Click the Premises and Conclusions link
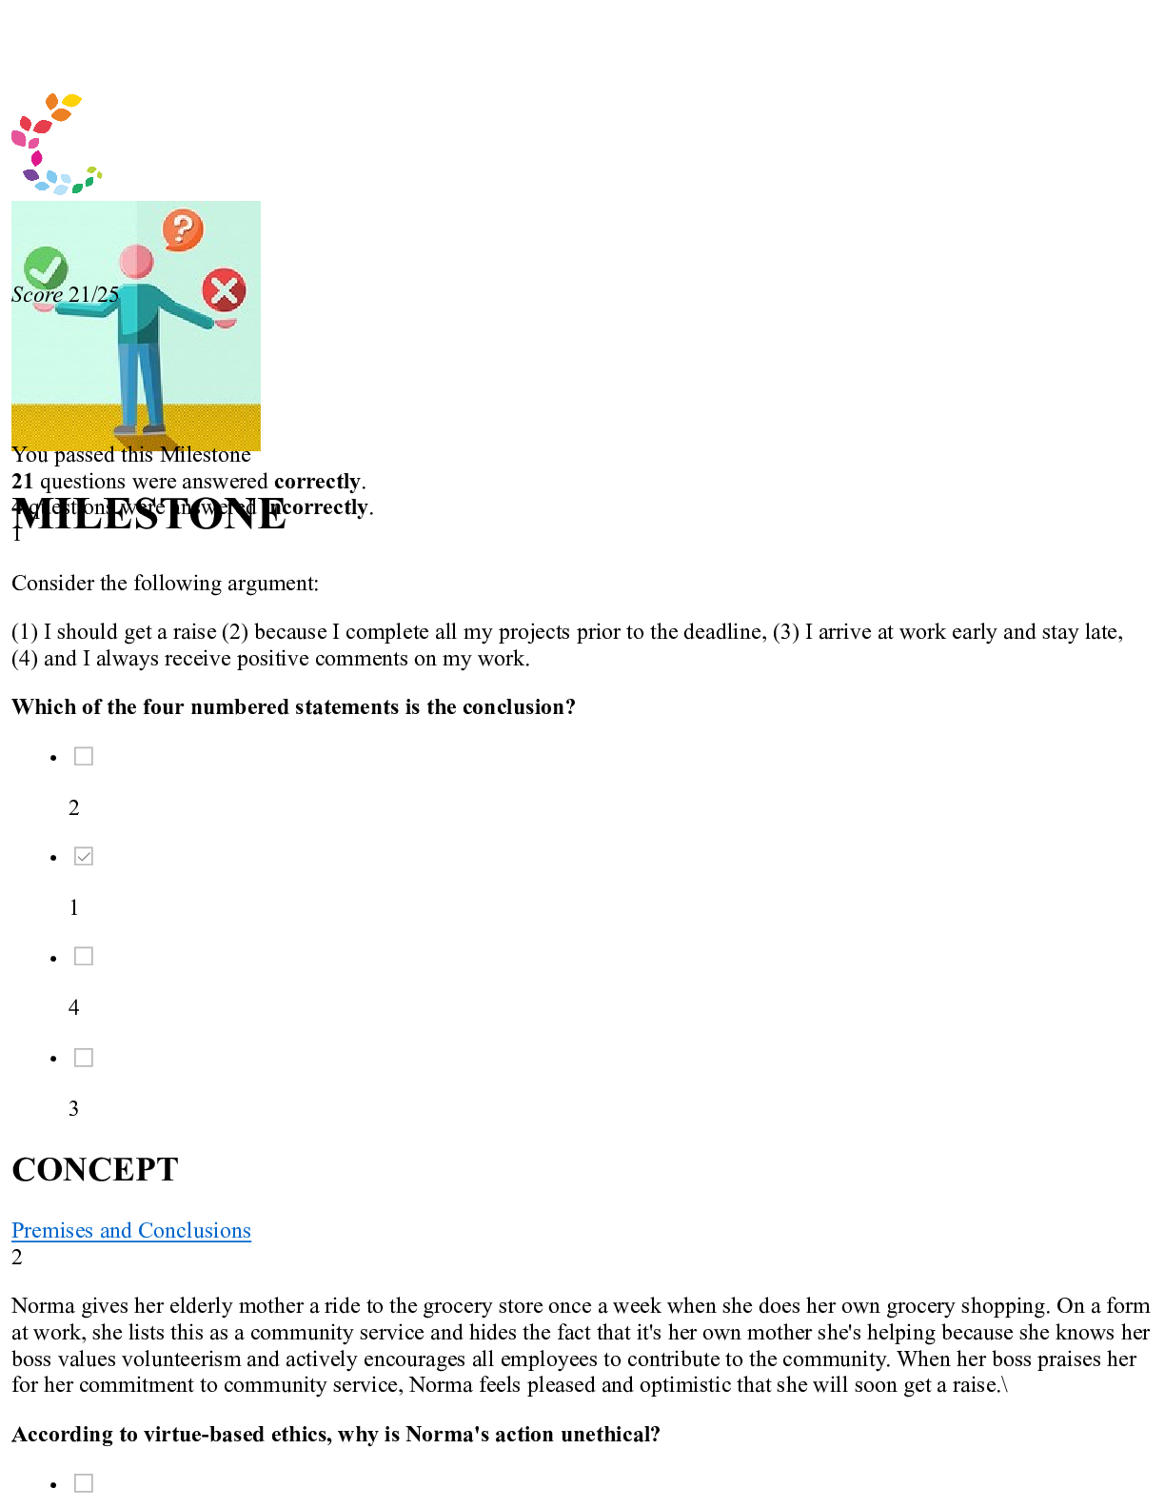(131, 1230)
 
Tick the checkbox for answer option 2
(84, 757)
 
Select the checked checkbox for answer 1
(84, 857)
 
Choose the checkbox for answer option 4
(84, 957)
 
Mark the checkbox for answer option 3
(84, 1058)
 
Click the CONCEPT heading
(95, 1170)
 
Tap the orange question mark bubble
(183, 229)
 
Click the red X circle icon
(225, 290)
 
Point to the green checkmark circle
(45, 268)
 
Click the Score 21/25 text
(66, 294)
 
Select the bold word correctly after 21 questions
(317, 482)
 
